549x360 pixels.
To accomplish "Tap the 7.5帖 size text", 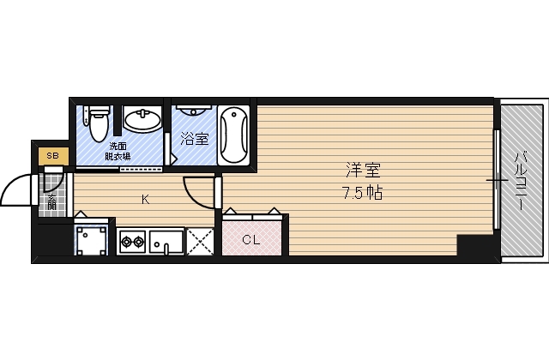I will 360,193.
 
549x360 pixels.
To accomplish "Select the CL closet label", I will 250,240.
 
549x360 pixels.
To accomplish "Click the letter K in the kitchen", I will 146,201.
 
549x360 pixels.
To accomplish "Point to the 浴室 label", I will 195,138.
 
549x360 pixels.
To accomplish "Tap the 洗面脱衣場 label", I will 118,151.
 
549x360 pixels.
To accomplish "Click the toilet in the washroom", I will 97,123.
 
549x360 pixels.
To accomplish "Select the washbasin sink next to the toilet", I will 142,120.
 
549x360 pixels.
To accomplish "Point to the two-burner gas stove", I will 132,242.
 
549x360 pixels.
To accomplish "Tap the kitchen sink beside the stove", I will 166,242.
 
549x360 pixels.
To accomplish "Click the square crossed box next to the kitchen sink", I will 201,242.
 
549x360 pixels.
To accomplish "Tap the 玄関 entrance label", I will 52,207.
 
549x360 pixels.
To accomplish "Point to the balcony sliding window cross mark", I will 497,181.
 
